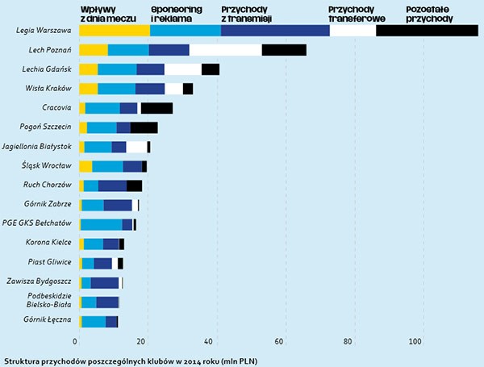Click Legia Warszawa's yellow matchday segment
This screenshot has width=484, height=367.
click(x=115, y=31)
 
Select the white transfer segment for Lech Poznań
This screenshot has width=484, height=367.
click(x=226, y=50)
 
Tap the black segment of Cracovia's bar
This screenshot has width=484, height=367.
click(x=156, y=108)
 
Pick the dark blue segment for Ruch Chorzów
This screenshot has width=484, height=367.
click(x=112, y=186)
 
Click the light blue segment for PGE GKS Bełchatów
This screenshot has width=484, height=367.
click(x=102, y=224)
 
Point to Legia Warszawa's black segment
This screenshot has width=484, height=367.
click(x=427, y=31)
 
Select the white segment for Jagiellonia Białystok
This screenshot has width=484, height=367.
click(x=136, y=147)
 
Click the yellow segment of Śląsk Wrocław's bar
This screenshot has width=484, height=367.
click(x=86, y=166)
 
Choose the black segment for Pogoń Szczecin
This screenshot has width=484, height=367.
click(x=144, y=127)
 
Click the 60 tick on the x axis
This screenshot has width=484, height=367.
click(x=279, y=341)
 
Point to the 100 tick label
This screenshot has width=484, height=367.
click(x=415, y=341)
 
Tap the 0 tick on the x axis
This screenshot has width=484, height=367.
click(x=75, y=341)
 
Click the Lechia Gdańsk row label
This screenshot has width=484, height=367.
click(x=47, y=69)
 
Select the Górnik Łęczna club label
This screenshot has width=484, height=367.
click(x=48, y=319)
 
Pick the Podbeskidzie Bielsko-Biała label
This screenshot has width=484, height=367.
click(x=48, y=300)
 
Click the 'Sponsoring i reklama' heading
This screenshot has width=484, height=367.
click(x=177, y=14)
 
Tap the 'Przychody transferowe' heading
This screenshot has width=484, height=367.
click(x=357, y=14)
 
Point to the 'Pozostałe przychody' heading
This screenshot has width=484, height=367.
click(x=430, y=14)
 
